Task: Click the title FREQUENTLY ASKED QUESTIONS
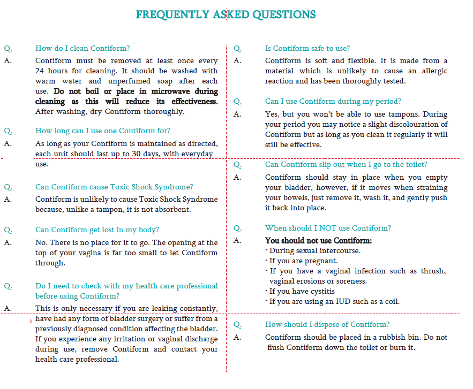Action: [x=226, y=14]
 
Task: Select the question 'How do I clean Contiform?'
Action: [x=82, y=48]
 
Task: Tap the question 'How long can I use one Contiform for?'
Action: [x=103, y=131]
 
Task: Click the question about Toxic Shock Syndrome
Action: [x=114, y=187]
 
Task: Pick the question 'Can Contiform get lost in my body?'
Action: [x=97, y=230]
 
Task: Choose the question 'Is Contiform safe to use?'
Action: [x=307, y=48]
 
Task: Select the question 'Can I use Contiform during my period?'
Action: [x=333, y=101]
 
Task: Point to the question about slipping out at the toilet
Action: [x=346, y=164]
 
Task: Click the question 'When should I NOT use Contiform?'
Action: [x=328, y=228]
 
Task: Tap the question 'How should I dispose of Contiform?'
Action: [x=327, y=324]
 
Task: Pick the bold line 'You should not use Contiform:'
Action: [x=318, y=240]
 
